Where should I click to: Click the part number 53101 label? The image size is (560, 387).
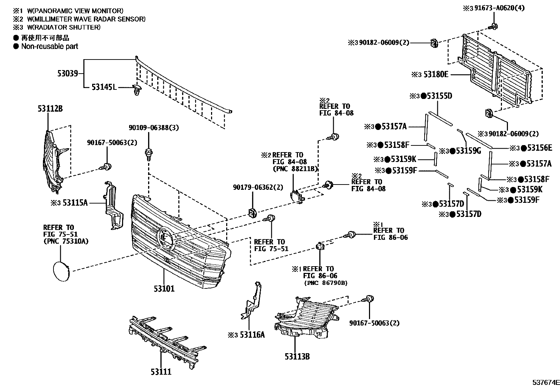[x=164, y=289]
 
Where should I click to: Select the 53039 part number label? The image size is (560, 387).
[x=68, y=74]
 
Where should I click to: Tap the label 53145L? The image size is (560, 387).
[x=104, y=87]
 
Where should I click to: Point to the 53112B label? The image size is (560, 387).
[x=50, y=109]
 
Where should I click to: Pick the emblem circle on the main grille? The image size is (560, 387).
[x=165, y=237]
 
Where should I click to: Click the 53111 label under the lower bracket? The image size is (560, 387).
[x=161, y=372]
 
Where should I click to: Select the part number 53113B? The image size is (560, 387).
[x=297, y=356]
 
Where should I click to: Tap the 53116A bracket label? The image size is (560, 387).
[x=252, y=335]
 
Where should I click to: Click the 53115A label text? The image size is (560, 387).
[x=75, y=203]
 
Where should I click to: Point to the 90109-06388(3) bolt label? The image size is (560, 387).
[x=154, y=128]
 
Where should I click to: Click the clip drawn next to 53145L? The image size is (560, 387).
[x=136, y=90]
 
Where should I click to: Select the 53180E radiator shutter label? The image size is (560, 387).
[x=436, y=74]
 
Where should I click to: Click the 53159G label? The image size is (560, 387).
[x=468, y=151]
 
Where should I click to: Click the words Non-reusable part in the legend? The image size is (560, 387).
[x=50, y=46]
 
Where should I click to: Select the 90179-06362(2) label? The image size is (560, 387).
[x=257, y=187]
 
